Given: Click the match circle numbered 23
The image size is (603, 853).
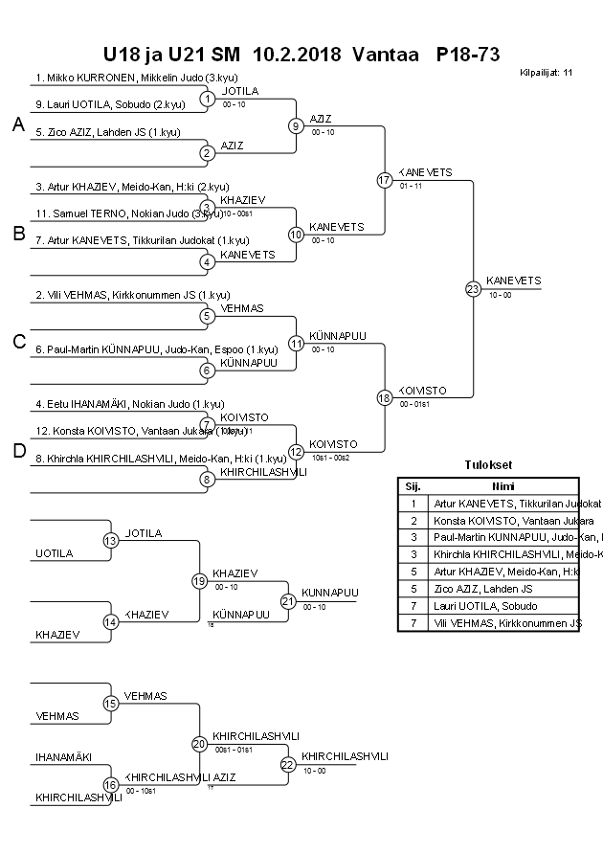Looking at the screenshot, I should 473,289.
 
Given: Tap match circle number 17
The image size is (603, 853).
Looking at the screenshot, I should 385,180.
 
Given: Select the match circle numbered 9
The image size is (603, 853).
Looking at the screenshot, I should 297,125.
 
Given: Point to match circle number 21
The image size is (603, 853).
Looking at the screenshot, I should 288,601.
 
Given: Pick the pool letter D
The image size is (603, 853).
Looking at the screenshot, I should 18,452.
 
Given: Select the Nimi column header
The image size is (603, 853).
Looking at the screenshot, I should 503,485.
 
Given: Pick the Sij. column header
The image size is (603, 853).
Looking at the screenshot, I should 413,485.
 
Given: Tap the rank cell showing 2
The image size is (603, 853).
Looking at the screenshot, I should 413,520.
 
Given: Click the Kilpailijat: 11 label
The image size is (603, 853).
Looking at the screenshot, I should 547,72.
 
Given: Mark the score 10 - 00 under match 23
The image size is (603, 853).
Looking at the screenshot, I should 500,296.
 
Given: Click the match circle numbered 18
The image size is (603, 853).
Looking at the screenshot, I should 385,397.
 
